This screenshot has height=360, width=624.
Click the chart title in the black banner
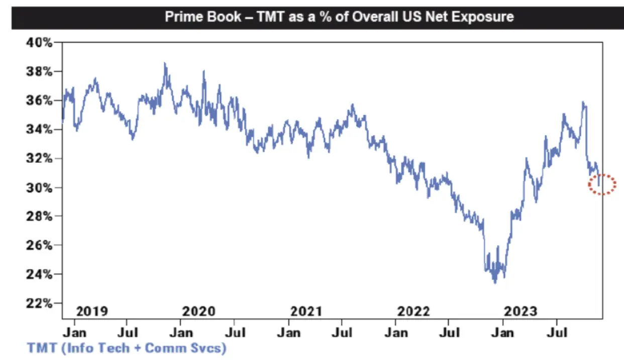tap(339, 17)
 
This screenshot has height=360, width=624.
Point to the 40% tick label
tap(39, 42)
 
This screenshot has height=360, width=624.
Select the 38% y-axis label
tap(39, 71)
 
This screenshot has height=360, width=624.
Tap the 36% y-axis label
tap(39, 101)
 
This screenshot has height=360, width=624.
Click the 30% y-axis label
tap(39, 188)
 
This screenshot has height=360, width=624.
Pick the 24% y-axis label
tap(39, 275)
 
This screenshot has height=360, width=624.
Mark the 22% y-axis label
tap(39, 303)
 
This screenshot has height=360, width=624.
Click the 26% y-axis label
tap(39, 245)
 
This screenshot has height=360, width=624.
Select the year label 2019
tap(91, 311)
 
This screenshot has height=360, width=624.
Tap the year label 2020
tap(198, 311)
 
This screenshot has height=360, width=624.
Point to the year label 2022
tap(413, 311)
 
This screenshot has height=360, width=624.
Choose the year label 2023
tap(521, 311)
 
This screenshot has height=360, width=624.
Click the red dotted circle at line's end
tap(602, 185)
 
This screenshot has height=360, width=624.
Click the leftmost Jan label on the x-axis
tap(75, 332)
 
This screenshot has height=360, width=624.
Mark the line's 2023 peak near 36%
tap(583, 102)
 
